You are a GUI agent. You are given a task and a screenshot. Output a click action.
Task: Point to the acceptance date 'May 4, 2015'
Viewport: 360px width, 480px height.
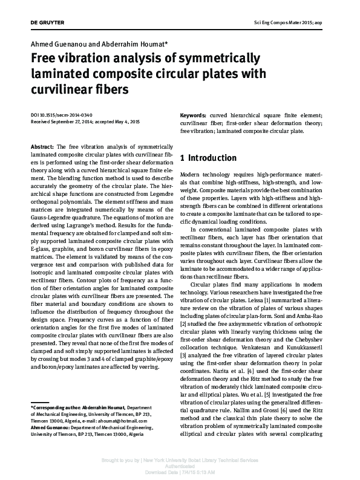[126, 122]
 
